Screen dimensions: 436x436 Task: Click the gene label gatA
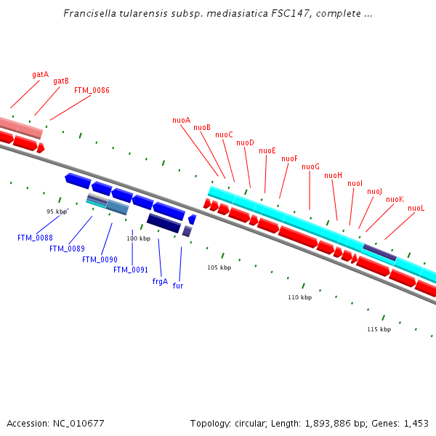coord(40,74)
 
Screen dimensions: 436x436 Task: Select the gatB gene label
coord(61,81)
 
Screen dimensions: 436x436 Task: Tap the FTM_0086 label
coord(92,91)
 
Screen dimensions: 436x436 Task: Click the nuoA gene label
coord(181,120)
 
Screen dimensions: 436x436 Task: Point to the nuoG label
coord(310,167)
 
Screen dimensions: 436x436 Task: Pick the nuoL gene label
coord(416,209)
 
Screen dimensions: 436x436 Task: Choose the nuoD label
coord(245,143)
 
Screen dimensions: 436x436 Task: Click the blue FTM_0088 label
coord(35,238)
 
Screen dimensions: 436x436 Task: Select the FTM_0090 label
coord(100,259)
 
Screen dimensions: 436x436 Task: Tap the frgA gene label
coord(160,281)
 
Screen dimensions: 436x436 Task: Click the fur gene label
coord(178,286)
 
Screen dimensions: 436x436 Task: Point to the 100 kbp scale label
coord(138,238)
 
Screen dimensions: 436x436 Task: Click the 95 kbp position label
coord(56,211)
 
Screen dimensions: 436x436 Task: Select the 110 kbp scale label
coord(299,297)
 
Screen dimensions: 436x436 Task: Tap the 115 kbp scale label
coord(379,329)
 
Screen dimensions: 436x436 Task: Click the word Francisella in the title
coord(87,13)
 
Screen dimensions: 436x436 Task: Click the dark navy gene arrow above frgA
coord(163,223)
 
